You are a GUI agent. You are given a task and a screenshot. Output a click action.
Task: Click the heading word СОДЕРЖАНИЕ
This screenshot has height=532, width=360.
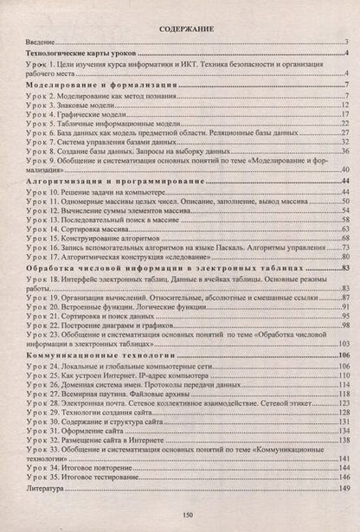180,29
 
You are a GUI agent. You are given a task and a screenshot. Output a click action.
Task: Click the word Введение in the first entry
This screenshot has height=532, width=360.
37,42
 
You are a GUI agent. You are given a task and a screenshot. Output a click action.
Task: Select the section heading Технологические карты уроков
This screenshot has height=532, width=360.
80,54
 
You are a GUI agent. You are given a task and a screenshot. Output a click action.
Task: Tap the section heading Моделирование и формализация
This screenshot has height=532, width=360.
102,87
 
